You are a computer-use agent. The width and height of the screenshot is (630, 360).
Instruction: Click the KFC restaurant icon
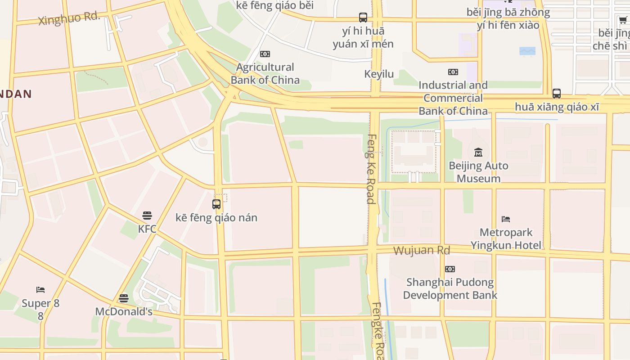[147, 215]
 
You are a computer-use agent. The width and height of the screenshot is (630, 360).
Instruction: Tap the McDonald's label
[124, 311]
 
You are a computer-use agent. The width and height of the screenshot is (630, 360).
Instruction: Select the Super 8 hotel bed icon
[40, 289]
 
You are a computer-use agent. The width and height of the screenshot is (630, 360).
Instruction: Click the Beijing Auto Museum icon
[478, 153]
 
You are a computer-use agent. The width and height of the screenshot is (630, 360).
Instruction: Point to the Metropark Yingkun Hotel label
[506, 239]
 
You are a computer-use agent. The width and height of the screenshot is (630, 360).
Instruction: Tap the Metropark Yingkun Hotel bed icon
[506, 219]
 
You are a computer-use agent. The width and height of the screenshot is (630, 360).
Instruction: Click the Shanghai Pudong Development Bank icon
[450, 269]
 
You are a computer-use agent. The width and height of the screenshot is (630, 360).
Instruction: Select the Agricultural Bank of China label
[265, 74]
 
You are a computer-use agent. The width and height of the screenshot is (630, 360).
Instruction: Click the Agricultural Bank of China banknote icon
[265, 54]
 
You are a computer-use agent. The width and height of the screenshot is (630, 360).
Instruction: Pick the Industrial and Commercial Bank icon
[453, 72]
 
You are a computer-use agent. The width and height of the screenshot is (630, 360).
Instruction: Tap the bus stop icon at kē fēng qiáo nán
[216, 204]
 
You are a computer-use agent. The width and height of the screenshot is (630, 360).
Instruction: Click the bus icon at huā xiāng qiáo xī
[557, 94]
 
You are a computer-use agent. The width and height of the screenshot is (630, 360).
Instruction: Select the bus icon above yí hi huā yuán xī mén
[363, 18]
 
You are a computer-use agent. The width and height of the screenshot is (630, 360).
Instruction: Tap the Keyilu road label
[379, 74]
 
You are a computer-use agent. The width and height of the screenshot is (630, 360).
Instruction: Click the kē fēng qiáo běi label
[274, 5]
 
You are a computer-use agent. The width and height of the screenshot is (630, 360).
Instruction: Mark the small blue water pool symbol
[527, 51]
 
